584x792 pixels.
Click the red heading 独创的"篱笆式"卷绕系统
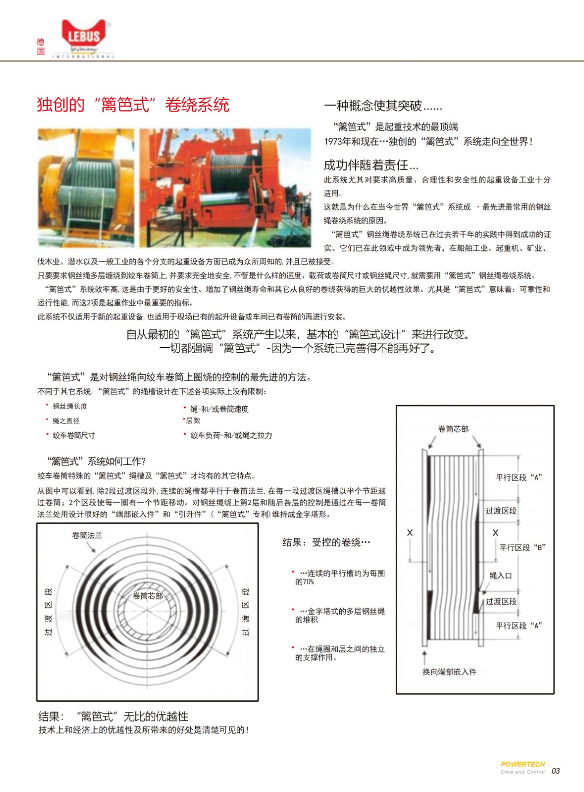click(x=133, y=105)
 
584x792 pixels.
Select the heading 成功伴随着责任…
click(x=371, y=165)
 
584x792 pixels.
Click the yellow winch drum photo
click(x=86, y=188)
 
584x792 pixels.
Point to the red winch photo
click(x=225, y=188)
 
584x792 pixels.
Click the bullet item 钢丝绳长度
click(x=70, y=406)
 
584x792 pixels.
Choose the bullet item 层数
click(x=193, y=421)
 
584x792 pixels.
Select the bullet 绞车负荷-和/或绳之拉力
click(x=231, y=435)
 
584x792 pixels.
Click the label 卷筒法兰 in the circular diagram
click(x=87, y=535)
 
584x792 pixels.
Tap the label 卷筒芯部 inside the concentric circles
click(x=148, y=595)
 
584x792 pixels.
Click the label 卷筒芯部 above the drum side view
click(x=453, y=429)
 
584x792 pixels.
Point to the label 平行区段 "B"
click(x=522, y=547)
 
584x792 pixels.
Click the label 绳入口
click(x=500, y=575)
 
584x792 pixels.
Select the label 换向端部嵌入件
click(x=449, y=672)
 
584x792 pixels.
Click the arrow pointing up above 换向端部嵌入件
click(x=425, y=657)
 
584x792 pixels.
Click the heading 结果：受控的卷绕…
click(x=326, y=543)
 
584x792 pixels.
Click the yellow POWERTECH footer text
click(x=522, y=764)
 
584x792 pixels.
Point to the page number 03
click(x=556, y=771)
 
